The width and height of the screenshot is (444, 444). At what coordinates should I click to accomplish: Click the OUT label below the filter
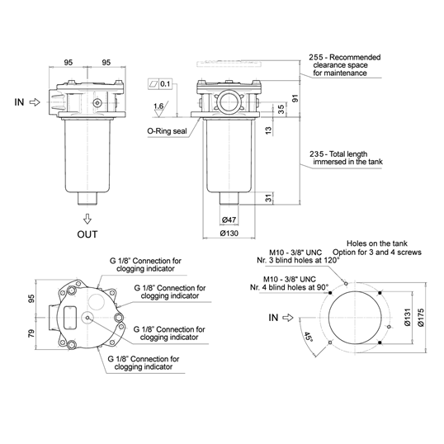tap(88, 234)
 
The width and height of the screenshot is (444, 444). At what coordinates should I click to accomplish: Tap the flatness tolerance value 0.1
tap(166, 84)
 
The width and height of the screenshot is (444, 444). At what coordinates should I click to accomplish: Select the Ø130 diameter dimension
tap(231, 234)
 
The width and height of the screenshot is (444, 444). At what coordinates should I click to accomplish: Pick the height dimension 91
tap(295, 97)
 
